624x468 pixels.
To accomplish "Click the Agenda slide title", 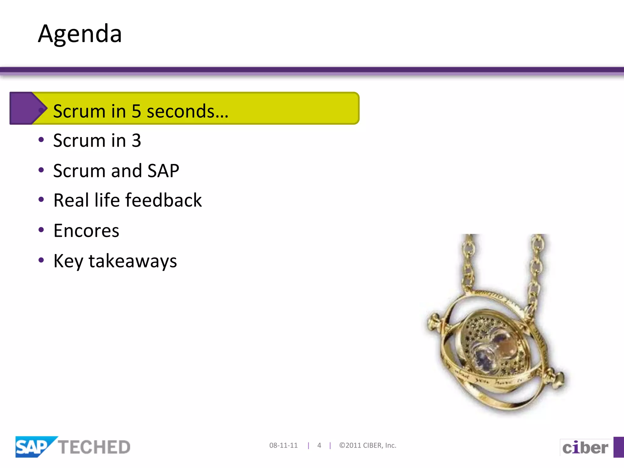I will pos(80,34).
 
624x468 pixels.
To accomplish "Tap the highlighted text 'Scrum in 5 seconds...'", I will pos(140,111).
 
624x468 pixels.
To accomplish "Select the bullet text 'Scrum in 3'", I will pos(97,140).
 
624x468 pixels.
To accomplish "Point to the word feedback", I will pos(164,200).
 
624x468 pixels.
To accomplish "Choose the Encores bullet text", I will pos(86,231).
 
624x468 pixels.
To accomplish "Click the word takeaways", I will pos(133,261).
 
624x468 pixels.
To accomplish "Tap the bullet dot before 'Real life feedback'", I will pos(41,200).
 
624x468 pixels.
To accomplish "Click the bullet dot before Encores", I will pos(41,230).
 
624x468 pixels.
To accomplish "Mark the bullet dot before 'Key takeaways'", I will pos(41,260).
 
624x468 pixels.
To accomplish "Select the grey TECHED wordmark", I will pos(94,447).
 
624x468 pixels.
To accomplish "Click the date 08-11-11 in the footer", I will pos(283,445).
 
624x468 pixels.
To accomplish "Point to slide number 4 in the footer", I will pos(319,445).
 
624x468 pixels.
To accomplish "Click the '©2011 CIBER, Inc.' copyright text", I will pos(368,445).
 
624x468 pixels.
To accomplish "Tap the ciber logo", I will pos(585,448).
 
